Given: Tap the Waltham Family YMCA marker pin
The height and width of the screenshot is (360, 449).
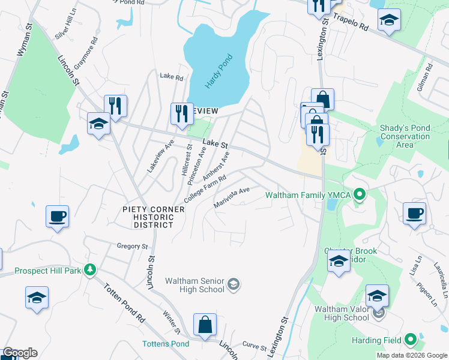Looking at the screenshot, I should pyautogui.click(x=360, y=194).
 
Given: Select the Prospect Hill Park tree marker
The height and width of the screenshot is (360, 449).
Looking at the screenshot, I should pyautogui.click(x=90, y=271).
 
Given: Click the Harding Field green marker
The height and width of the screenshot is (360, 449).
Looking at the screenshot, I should pyautogui.click(x=411, y=340).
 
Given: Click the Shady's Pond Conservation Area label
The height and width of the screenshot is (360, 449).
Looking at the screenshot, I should pyautogui.click(x=405, y=136).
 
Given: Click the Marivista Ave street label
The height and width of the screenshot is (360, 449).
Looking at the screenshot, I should pyautogui.click(x=232, y=197).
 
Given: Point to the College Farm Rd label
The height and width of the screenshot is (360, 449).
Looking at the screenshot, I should pyautogui.click(x=205, y=188).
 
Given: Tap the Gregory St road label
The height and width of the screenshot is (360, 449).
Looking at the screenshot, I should pyautogui.click(x=132, y=246).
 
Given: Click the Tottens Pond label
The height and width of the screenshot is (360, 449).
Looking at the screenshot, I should pyautogui.click(x=166, y=344).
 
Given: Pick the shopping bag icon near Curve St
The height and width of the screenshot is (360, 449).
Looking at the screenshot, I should pyautogui.click(x=205, y=324).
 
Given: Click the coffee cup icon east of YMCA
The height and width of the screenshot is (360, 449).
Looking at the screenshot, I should pyautogui.click(x=415, y=214).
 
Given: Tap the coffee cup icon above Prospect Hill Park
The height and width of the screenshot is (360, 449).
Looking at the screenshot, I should pyautogui.click(x=58, y=216).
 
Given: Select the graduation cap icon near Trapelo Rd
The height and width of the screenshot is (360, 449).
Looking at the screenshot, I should pyautogui.click(x=389, y=20).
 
